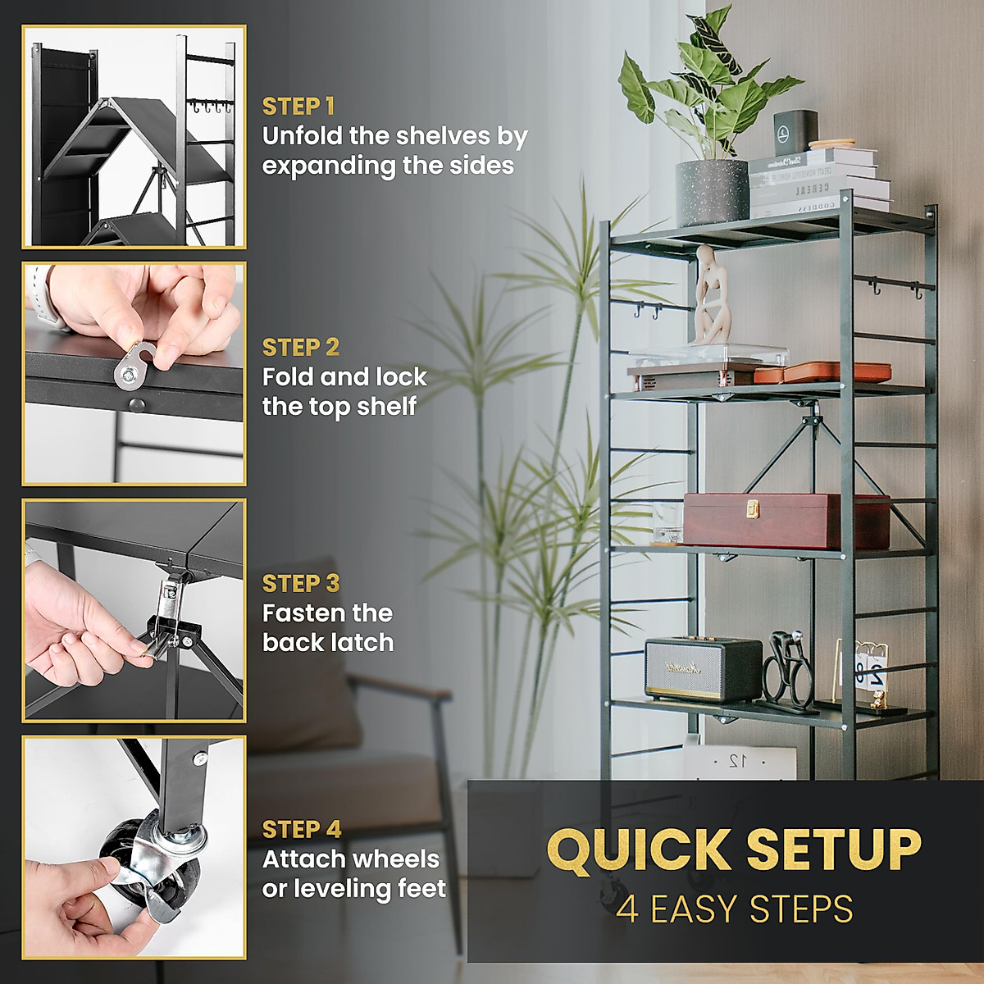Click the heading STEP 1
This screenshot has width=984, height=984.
(x=298, y=107)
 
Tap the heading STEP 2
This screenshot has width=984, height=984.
(x=300, y=348)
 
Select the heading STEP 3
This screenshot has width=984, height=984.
(x=300, y=583)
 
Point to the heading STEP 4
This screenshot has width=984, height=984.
(x=301, y=829)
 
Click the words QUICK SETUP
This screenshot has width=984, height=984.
(x=734, y=850)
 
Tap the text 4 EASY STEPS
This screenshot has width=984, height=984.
(x=734, y=909)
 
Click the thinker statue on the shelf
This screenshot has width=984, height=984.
(x=711, y=296)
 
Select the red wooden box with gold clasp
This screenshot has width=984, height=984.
(x=786, y=521)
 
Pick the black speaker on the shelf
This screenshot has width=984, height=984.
(x=702, y=667)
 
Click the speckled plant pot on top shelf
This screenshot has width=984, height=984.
(x=712, y=193)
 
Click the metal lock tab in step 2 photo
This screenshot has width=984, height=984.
(x=134, y=365)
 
